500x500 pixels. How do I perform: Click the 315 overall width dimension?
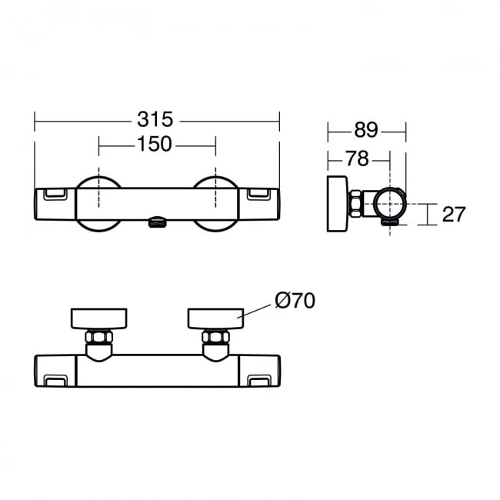point(156,119)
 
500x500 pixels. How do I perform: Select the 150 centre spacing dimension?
point(156,144)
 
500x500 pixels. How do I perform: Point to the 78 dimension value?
point(356,158)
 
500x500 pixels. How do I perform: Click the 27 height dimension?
point(453,214)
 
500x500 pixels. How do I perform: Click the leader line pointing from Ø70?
point(258,309)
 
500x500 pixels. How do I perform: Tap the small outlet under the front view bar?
point(156,223)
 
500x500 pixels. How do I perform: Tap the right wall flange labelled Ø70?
point(215,318)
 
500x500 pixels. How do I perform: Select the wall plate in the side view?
point(336,203)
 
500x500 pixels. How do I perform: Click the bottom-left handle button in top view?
point(55,380)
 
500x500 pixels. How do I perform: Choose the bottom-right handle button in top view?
point(259,380)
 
